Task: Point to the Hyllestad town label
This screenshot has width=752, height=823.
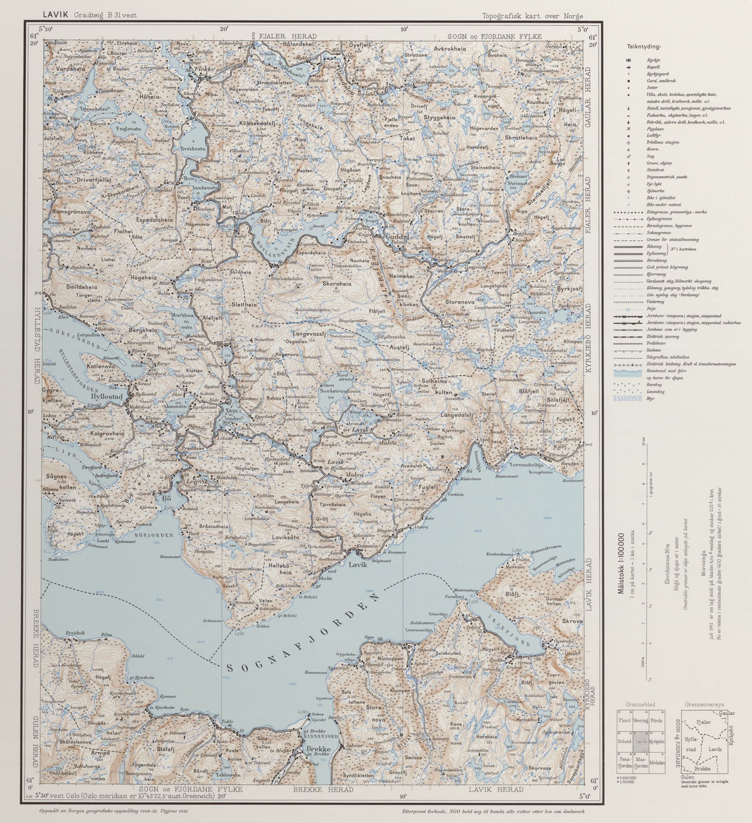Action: (106, 396)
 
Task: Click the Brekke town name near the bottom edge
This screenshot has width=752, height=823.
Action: (318, 749)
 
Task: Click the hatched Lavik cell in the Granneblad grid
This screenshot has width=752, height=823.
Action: (641, 741)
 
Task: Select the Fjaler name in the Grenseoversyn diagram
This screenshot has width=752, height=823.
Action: (703, 723)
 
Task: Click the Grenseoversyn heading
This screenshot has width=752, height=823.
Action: (704, 704)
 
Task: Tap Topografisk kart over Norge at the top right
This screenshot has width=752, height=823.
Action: (532, 16)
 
